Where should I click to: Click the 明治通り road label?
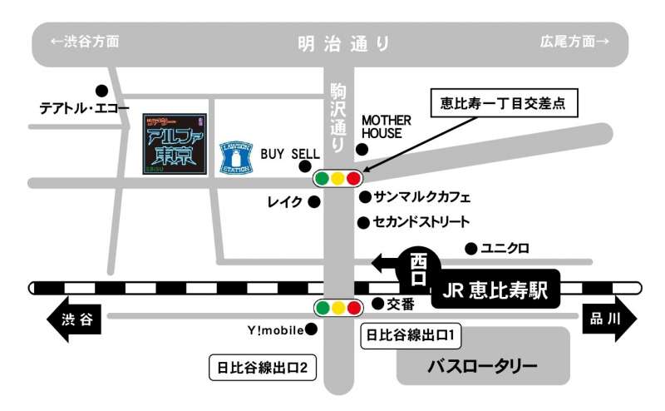pyautogui.click(x=343, y=43)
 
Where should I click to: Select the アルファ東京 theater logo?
pyautogui.click(x=174, y=144)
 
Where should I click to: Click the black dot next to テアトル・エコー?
pyautogui.click(x=101, y=91)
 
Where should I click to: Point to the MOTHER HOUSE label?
pyautogui.click(x=386, y=126)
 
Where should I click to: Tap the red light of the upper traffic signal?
pyautogui.click(x=354, y=178)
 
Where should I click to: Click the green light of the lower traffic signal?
pyautogui.click(x=323, y=309)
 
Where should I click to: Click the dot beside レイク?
pyautogui.click(x=313, y=201)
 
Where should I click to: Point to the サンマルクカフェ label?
pyautogui.click(x=422, y=198)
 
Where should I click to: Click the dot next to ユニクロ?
pyautogui.click(x=470, y=248)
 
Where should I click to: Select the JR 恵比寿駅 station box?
pyautogui.click(x=495, y=291)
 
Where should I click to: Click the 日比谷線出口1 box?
pyautogui.click(x=410, y=336)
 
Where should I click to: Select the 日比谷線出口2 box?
pyautogui.click(x=264, y=367)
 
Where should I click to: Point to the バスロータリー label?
pyautogui.click(x=483, y=365)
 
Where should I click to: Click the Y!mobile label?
pyautogui.click(x=275, y=330)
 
